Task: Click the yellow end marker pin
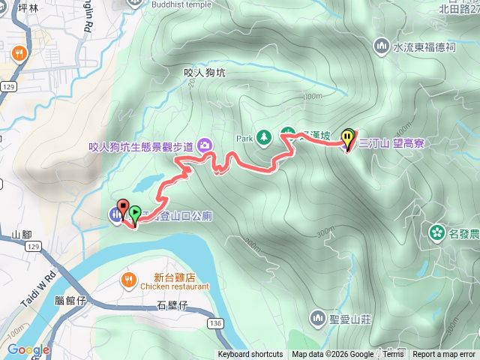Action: [x=348, y=138]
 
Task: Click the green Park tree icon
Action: [x=263, y=137]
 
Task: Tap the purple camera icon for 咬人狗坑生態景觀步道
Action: [x=205, y=146]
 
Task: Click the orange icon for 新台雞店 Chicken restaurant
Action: [x=129, y=280]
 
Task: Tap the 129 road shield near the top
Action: [x=8, y=88]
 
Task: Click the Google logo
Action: [x=28, y=349]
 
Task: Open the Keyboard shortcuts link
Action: [x=250, y=355]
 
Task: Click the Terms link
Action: [x=393, y=355]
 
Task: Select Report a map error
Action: [x=444, y=355]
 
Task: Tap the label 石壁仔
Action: [x=172, y=304]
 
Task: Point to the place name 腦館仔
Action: [x=72, y=300]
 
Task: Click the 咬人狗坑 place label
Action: [x=204, y=73]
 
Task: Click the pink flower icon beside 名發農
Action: [x=436, y=233]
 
